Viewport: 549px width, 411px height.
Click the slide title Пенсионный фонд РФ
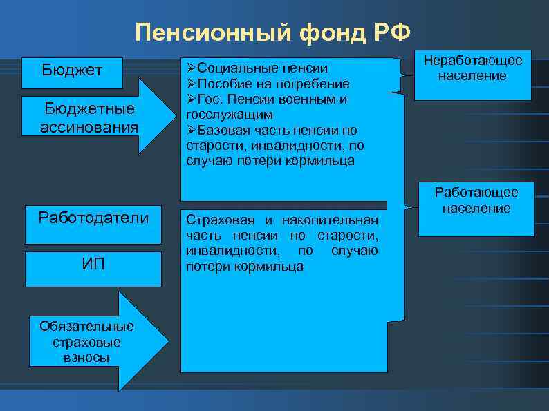click(x=273, y=31)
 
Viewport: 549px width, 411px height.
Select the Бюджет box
click(x=72, y=70)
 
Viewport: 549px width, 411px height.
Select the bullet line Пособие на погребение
click(x=268, y=84)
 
